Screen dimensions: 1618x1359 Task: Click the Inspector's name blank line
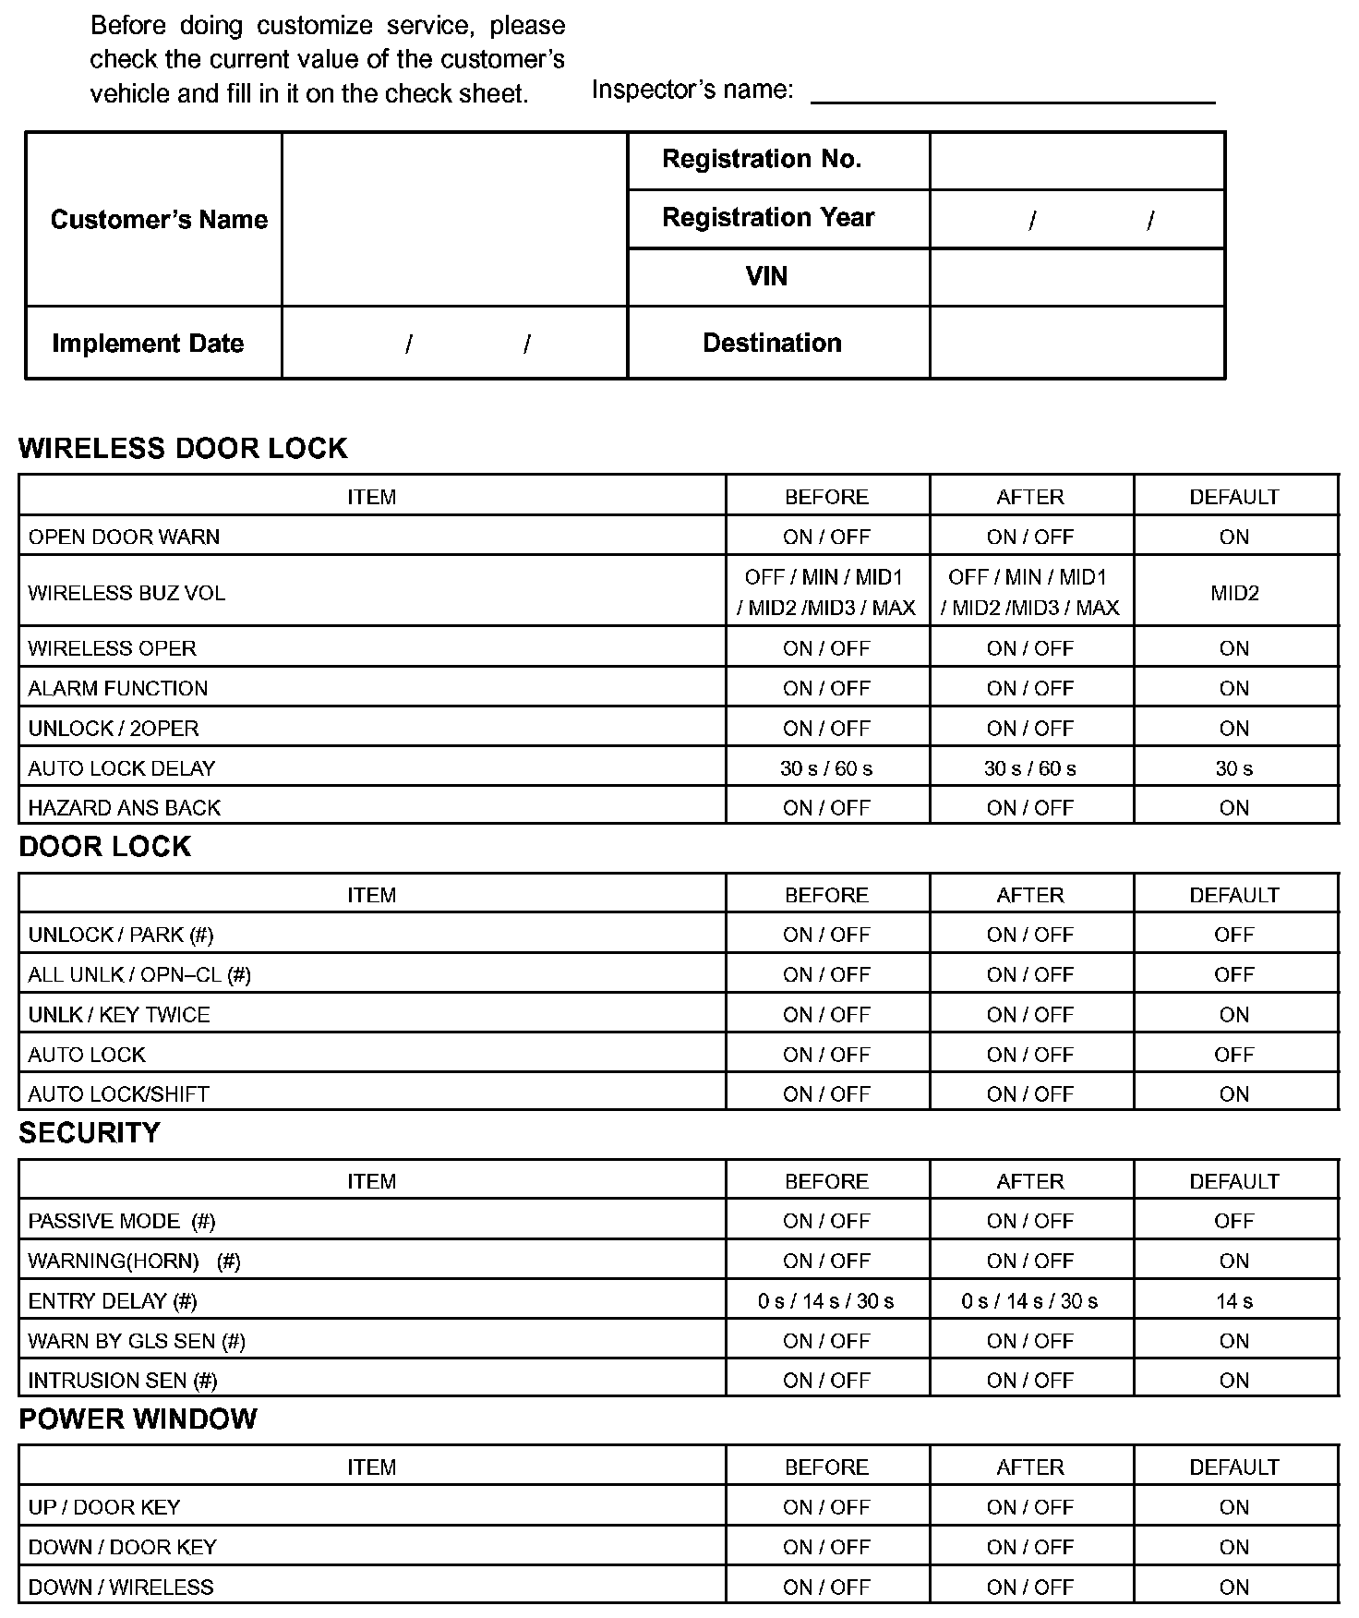(x=1012, y=92)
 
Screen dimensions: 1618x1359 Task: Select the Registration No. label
(x=762, y=160)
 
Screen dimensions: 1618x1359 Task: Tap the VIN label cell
(x=766, y=276)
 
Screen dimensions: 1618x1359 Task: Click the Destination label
(x=772, y=343)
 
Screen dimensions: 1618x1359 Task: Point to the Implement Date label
(x=148, y=344)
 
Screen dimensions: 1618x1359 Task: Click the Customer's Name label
(x=159, y=220)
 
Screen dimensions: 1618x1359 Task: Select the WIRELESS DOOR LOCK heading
(x=183, y=448)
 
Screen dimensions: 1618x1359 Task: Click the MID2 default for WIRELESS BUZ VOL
(x=1234, y=593)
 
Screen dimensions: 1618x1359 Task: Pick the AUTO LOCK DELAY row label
(x=122, y=768)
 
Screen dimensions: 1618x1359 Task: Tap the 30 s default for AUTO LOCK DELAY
(x=1234, y=768)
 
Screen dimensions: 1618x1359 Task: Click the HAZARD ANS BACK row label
(x=125, y=808)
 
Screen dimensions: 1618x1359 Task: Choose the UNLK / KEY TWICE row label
(x=119, y=1015)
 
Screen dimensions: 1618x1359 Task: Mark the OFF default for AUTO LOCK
(x=1234, y=1055)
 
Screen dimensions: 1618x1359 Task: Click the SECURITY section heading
(x=90, y=1133)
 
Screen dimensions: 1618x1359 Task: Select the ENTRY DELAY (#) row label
(x=113, y=1301)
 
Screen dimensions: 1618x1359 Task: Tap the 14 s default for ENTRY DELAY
(x=1234, y=1301)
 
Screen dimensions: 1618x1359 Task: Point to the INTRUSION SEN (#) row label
(x=123, y=1381)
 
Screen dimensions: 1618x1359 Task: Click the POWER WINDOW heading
(x=138, y=1419)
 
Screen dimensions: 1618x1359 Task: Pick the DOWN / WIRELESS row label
(x=121, y=1588)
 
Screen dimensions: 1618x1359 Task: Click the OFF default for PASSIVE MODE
(x=1234, y=1221)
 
